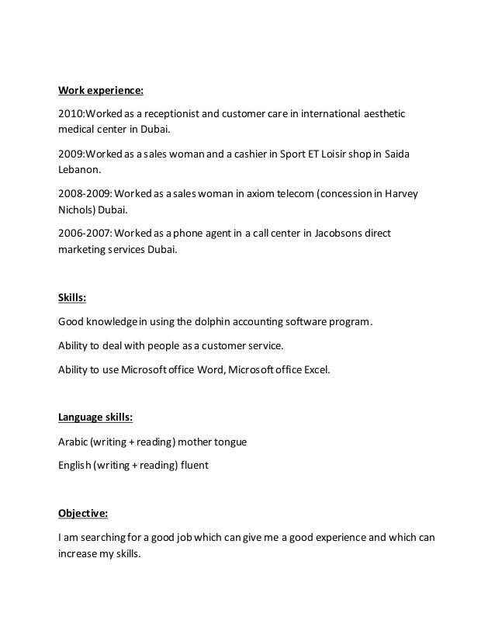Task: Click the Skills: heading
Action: point(73,299)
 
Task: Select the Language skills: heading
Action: point(95,417)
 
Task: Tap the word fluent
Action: point(193,466)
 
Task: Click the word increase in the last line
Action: point(78,555)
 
